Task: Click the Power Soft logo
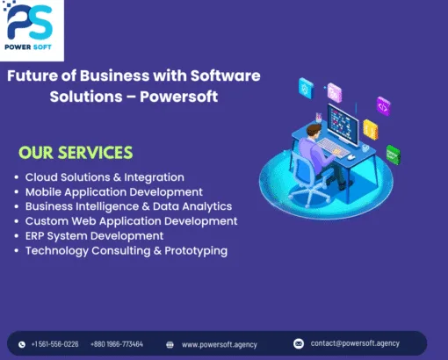tap(33, 31)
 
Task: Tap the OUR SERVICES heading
tap(76, 153)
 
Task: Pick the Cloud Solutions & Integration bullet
tap(105, 176)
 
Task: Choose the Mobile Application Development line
tap(113, 191)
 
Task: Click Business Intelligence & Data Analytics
tap(128, 206)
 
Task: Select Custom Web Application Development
tap(131, 221)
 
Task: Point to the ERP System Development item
tap(94, 235)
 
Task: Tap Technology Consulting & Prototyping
tap(126, 250)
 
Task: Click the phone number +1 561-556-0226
tap(54, 344)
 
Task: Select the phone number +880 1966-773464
tap(117, 344)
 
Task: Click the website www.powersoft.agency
tap(219, 344)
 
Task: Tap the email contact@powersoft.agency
tap(355, 343)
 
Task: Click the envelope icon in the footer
tap(299, 343)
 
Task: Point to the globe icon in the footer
tap(170, 344)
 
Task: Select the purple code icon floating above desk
tap(383, 105)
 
